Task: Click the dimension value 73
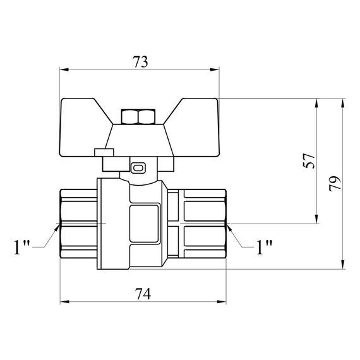(x=140, y=62)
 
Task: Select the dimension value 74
(x=143, y=294)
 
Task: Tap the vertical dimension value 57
(x=309, y=160)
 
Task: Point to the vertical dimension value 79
(x=335, y=184)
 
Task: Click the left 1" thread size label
(x=22, y=248)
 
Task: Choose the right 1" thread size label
(x=264, y=248)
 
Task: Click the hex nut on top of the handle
(x=138, y=117)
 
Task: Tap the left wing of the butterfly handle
(x=83, y=128)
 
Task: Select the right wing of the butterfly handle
(x=195, y=128)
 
